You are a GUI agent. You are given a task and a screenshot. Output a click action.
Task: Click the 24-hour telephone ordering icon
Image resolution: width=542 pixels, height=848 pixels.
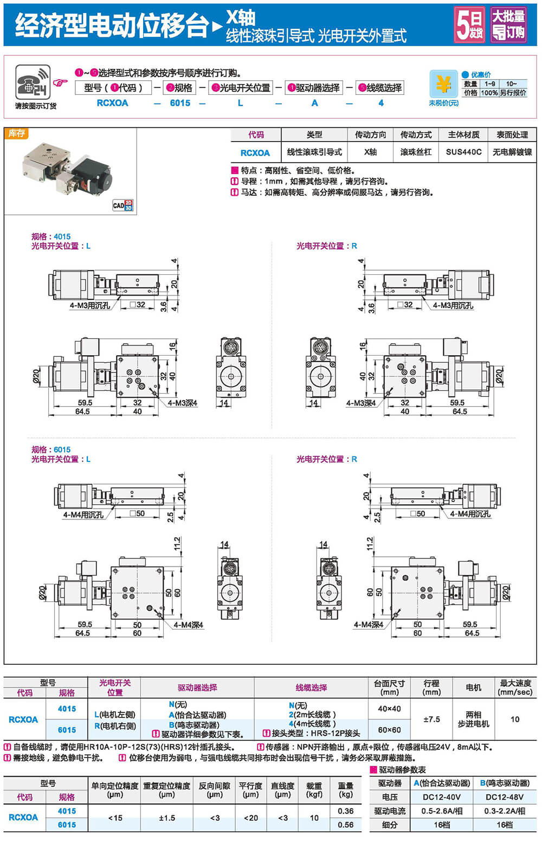pos(33,82)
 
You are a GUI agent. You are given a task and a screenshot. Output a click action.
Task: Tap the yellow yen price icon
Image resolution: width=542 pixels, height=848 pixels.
pos(443,83)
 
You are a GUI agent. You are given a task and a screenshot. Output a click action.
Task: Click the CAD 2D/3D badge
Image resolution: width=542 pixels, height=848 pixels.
pos(123,205)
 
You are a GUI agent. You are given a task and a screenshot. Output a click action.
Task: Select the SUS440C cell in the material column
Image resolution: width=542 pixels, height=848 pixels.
pos(463,152)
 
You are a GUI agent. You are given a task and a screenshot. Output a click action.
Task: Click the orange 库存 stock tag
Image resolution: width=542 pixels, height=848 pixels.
pos(16,133)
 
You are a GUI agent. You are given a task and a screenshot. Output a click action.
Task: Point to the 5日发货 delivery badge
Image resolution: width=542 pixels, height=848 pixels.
pos(470,24)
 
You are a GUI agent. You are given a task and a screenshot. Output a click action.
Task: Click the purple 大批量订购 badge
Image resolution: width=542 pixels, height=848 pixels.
pos(508,24)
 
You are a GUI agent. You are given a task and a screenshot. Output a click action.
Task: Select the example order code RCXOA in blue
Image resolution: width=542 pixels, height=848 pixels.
pos(112,103)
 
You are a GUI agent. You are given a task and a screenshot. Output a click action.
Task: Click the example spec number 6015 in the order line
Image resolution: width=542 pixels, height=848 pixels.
pos(180,103)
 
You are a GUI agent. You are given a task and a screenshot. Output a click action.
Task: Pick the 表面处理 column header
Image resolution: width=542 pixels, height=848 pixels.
pos(512,135)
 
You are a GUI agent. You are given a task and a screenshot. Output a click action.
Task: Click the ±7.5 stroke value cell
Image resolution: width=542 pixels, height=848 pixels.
pos(431,719)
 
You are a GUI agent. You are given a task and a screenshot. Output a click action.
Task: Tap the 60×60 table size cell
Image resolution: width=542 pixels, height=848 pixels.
pos(389,730)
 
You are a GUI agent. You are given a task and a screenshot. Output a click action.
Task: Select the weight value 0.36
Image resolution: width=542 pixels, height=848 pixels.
pos(346,811)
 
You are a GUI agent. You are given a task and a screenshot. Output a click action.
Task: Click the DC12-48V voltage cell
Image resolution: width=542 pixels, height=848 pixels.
pos(505,797)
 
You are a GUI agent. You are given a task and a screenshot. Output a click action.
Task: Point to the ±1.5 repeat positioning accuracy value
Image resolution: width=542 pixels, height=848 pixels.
pos(167,818)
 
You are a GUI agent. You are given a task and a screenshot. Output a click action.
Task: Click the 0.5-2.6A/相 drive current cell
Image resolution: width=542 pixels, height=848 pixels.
pos(442,811)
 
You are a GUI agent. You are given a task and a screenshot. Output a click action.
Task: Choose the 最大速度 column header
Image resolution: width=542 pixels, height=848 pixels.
pos(515,688)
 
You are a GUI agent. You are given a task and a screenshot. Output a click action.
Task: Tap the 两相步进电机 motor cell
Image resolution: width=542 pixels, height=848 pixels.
pos(474,719)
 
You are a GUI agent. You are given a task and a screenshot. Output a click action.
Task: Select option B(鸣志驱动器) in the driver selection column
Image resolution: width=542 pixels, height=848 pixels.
pos(194,724)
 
